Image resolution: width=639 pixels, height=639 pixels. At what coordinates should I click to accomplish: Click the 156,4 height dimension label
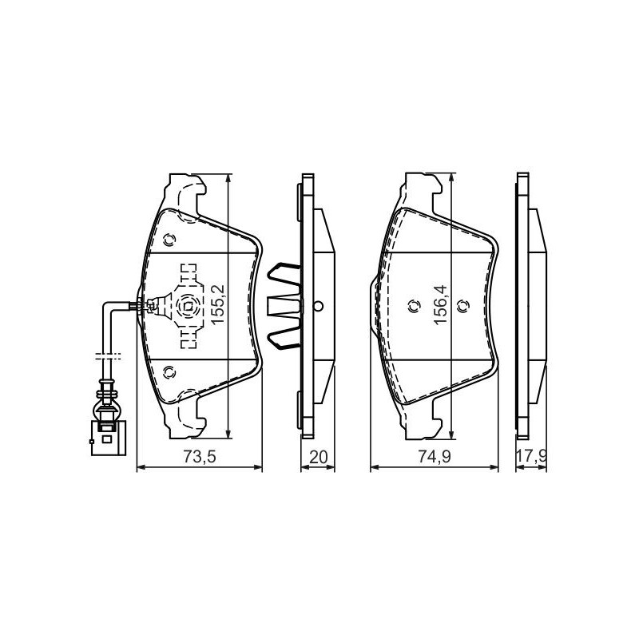(x=441, y=304)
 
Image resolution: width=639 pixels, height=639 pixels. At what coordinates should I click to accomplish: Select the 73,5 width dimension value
(x=199, y=456)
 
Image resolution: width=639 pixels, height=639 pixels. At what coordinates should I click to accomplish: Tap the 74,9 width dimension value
(x=435, y=456)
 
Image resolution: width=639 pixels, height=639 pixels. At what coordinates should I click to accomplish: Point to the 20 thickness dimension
(x=318, y=456)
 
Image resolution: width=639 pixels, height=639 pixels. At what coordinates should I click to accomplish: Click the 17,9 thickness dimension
(x=531, y=456)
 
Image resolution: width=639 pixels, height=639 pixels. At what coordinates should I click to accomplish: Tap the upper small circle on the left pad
(x=169, y=240)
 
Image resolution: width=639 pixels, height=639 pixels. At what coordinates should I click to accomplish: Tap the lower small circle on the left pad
(x=169, y=371)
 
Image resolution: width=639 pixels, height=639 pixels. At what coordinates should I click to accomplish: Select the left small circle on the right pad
(x=414, y=306)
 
